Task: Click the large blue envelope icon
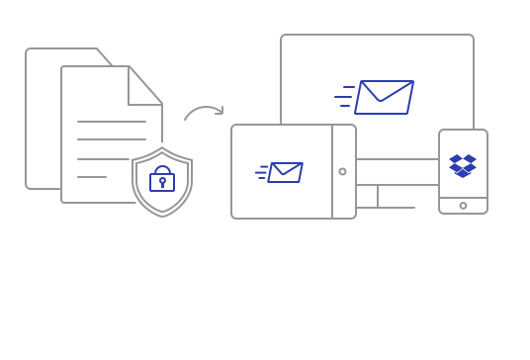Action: [384, 97]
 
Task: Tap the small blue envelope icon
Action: [285, 172]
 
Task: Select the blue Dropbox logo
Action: [463, 165]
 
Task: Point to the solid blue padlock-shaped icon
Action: [161, 179]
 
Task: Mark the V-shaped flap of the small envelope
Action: [286, 170]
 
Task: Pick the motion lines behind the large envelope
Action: [344, 97]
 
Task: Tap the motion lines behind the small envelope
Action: [261, 173]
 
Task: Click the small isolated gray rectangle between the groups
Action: [203, 113]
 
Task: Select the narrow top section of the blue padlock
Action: [162, 167]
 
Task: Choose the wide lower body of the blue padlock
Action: [161, 183]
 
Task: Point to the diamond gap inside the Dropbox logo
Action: [463, 163]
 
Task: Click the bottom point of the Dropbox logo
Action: [463, 177]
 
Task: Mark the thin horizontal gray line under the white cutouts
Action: [387, 208]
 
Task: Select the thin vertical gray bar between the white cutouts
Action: [379, 197]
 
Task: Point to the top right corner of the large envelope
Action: [412, 82]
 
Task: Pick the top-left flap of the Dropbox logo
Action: [456, 157]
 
